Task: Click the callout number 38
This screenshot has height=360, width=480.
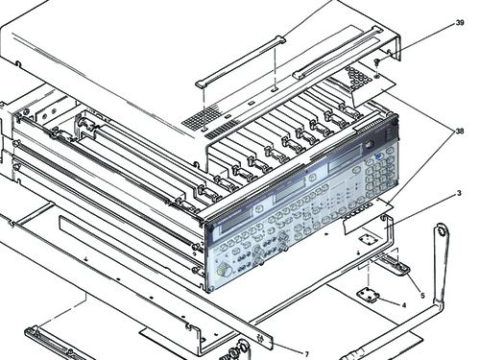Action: (x=459, y=132)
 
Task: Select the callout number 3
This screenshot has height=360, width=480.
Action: (x=458, y=195)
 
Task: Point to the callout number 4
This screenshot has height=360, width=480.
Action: (x=404, y=305)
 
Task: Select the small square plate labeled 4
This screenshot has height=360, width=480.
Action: (x=368, y=295)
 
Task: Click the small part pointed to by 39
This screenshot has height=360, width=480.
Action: (x=378, y=62)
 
